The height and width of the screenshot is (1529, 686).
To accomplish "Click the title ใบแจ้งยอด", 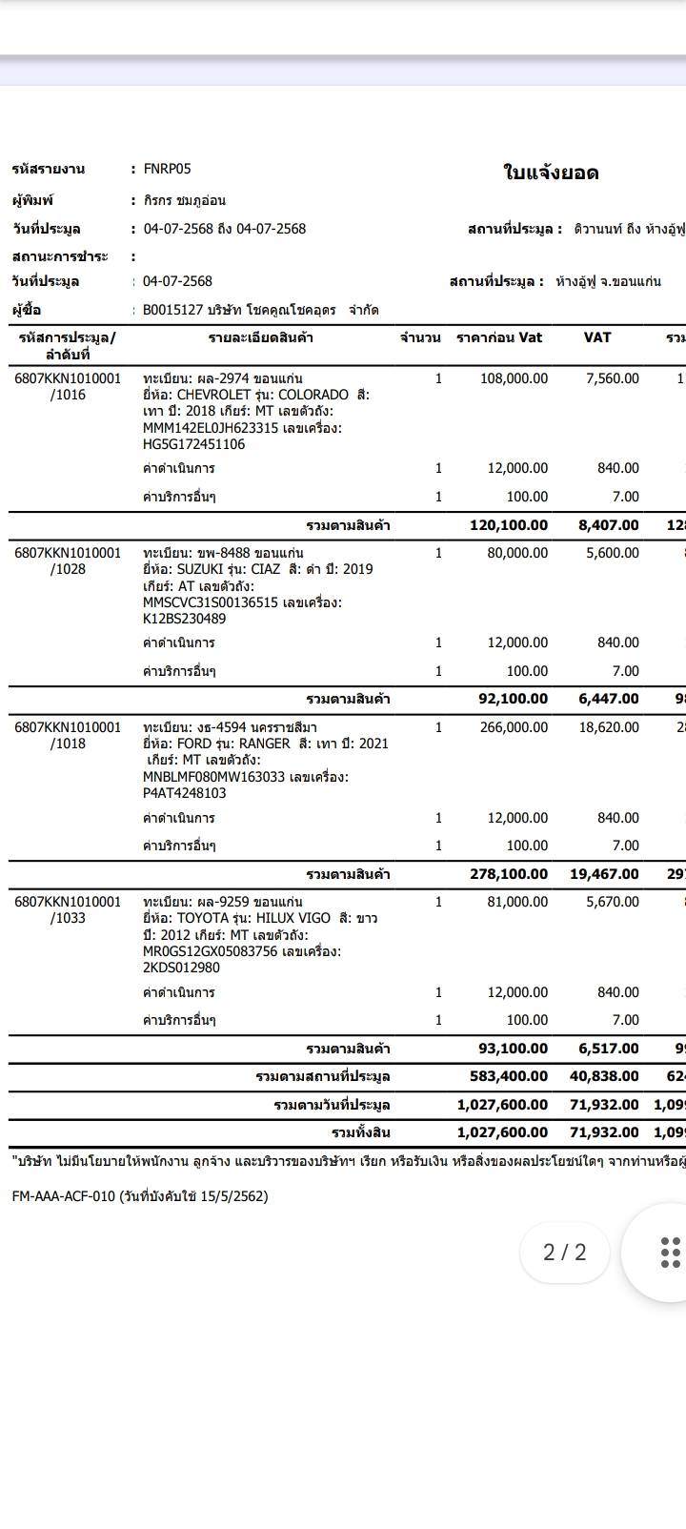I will (551, 173).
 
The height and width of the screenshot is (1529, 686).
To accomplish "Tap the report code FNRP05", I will (167, 169).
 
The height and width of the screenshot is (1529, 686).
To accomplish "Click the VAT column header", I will (597, 337).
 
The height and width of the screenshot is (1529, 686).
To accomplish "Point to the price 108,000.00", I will (513, 378).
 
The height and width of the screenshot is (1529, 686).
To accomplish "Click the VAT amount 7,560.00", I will (612, 378).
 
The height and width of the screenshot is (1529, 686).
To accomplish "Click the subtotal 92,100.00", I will (513, 699).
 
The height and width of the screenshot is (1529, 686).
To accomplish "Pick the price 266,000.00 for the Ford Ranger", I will (513, 727).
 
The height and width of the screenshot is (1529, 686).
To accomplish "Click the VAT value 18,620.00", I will (608, 727).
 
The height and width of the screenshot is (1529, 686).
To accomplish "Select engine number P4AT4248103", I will (185, 793).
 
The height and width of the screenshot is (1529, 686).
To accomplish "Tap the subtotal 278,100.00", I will (509, 874).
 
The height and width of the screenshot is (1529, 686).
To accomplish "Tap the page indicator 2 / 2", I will (565, 1252).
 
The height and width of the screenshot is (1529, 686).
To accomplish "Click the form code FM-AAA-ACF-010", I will (63, 1196).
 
